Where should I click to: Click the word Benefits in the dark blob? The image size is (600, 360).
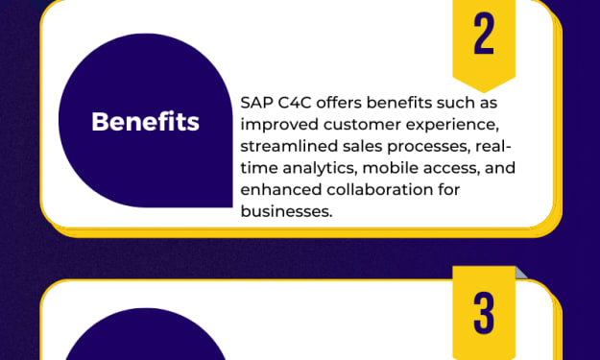click(145, 122)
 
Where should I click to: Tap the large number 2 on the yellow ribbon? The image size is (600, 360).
click(484, 34)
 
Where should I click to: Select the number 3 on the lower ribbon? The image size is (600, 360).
click(484, 313)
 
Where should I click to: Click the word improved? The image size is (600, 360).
click(279, 125)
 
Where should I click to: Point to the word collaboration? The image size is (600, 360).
click(379, 190)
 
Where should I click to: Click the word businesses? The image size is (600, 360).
click(286, 211)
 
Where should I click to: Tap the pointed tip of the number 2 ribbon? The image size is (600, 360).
click(484, 92)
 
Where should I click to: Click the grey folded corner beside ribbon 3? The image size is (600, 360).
click(520, 274)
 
